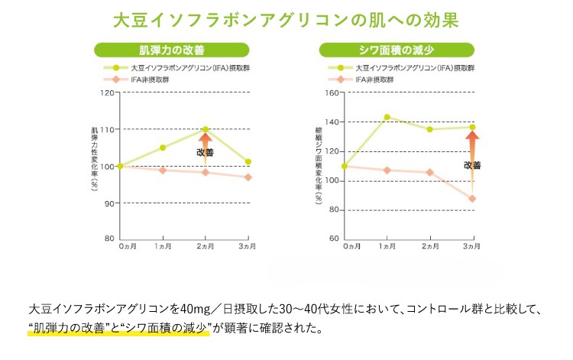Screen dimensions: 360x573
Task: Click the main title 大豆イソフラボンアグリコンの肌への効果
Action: tap(286, 18)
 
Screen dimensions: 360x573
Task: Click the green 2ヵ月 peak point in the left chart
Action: tap(206, 129)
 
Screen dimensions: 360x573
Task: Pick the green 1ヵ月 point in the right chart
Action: tap(387, 117)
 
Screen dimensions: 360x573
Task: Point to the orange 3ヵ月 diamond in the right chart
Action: tap(472, 199)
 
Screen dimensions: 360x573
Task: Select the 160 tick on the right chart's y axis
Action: tap(332, 93)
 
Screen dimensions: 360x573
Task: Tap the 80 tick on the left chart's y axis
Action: tap(109, 238)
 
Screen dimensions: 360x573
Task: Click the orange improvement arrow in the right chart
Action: tap(472, 144)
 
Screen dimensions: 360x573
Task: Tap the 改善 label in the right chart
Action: tap(472, 165)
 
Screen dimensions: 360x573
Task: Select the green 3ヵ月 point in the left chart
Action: tap(248, 161)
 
